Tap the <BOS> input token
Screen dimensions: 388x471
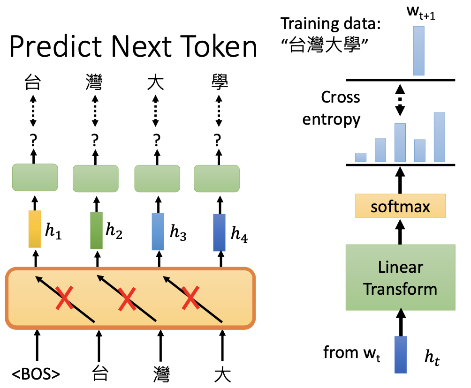click(36, 375)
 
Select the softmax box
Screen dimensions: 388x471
click(400, 207)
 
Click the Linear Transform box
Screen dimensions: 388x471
click(400, 277)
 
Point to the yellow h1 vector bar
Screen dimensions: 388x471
click(35, 229)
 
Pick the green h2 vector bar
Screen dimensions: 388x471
click(96, 230)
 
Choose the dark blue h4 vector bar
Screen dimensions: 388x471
click(219, 232)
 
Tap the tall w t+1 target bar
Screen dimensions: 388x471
click(418, 51)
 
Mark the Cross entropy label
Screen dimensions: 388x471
click(332, 108)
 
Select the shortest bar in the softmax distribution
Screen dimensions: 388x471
click(360, 157)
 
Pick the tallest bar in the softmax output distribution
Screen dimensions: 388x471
click(440, 137)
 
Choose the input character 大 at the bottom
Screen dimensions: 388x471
click(221, 375)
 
